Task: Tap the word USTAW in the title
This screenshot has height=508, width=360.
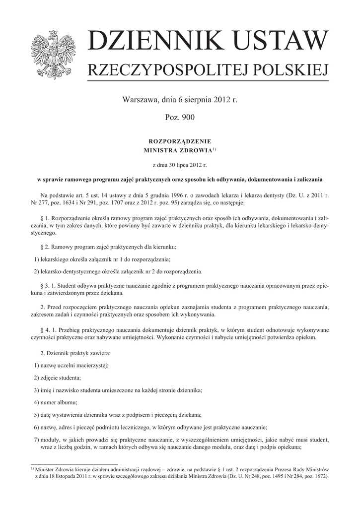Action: coord(282,42)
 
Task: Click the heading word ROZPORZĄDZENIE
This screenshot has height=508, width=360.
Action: coord(180,142)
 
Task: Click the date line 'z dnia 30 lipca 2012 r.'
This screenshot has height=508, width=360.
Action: coord(180,163)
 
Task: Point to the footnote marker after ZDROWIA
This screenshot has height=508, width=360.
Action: coord(214,148)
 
